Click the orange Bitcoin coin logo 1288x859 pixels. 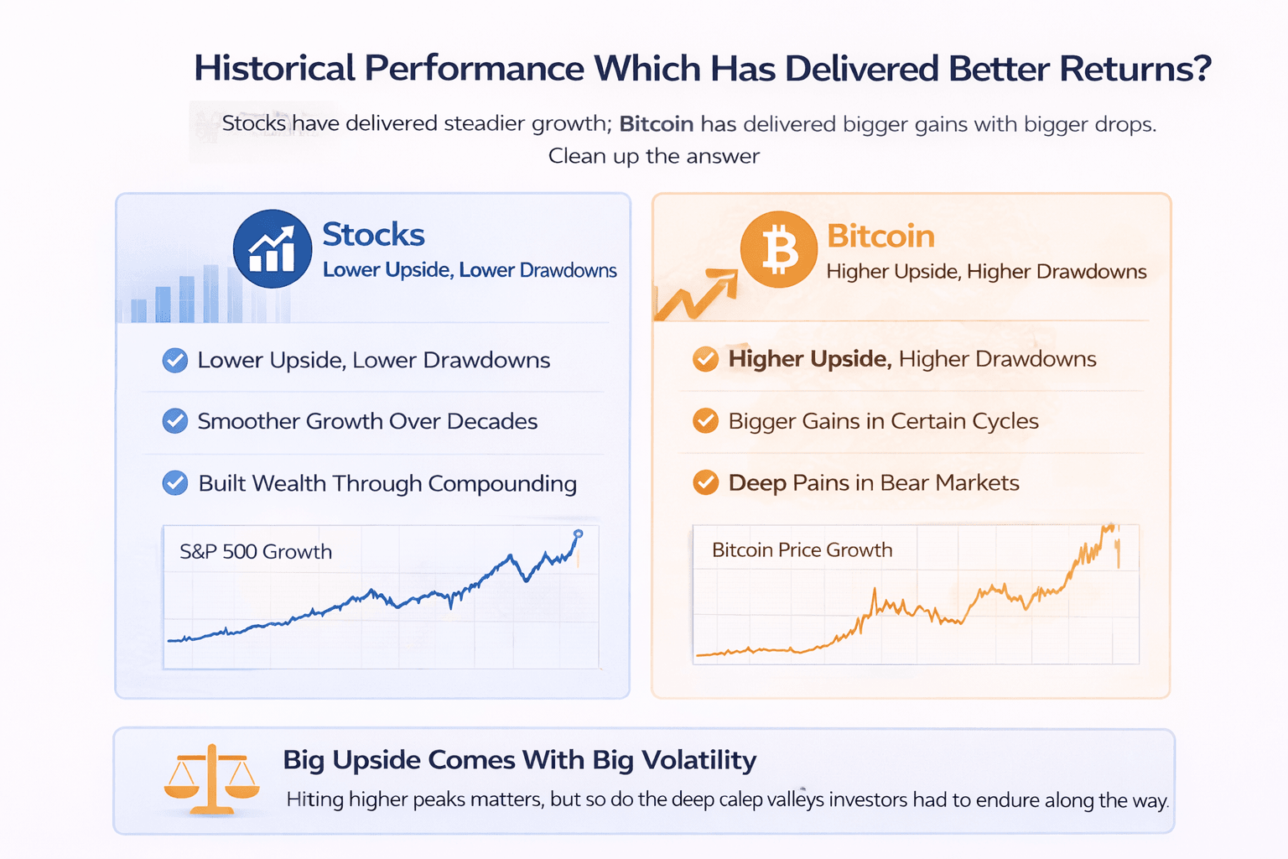click(778, 249)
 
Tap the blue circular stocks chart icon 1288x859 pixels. click(272, 249)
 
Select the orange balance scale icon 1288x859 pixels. click(211, 780)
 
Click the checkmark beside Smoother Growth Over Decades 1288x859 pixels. click(174, 421)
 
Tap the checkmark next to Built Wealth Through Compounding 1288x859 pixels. click(174, 483)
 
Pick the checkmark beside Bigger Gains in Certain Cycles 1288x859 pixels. click(705, 420)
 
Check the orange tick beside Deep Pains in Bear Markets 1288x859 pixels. click(705, 482)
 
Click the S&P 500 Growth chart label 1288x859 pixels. click(256, 551)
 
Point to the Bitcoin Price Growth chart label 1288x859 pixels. click(802, 549)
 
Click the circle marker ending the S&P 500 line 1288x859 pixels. click(578, 534)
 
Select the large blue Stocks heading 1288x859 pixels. click(373, 235)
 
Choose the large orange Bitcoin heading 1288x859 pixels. click(880, 237)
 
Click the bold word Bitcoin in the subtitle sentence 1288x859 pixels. click(656, 124)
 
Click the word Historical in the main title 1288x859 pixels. click(275, 69)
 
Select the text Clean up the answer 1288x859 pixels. click(654, 156)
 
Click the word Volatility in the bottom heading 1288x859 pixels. click(699, 760)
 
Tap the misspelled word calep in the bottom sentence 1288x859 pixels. click(740, 799)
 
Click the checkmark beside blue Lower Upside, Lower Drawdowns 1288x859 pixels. click(174, 360)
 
